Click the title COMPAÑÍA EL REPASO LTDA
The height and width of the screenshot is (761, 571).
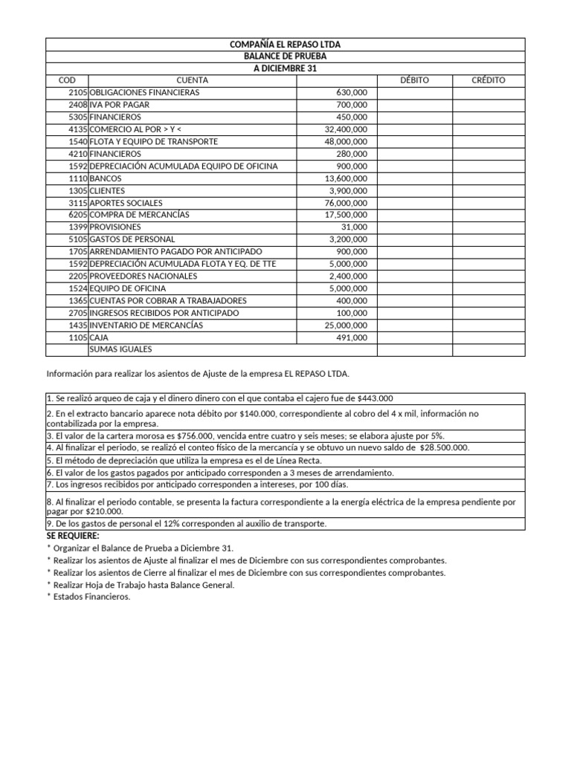[x=285, y=45]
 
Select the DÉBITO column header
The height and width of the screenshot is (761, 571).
[x=414, y=80]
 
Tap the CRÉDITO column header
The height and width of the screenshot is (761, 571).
[x=488, y=80]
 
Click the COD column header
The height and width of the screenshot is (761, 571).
[x=67, y=80]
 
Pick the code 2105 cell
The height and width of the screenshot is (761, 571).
[x=77, y=93]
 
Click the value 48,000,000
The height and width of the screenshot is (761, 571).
[x=346, y=141]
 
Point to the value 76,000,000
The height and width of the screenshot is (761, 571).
[x=346, y=203]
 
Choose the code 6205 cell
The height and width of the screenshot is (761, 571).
[x=77, y=215]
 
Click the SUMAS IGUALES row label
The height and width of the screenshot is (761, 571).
[x=120, y=349]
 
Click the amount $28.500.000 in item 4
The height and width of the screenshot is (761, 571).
[x=445, y=447]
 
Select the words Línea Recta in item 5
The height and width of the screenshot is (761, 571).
[x=298, y=461]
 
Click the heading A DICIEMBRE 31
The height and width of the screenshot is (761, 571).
[x=285, y=68]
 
